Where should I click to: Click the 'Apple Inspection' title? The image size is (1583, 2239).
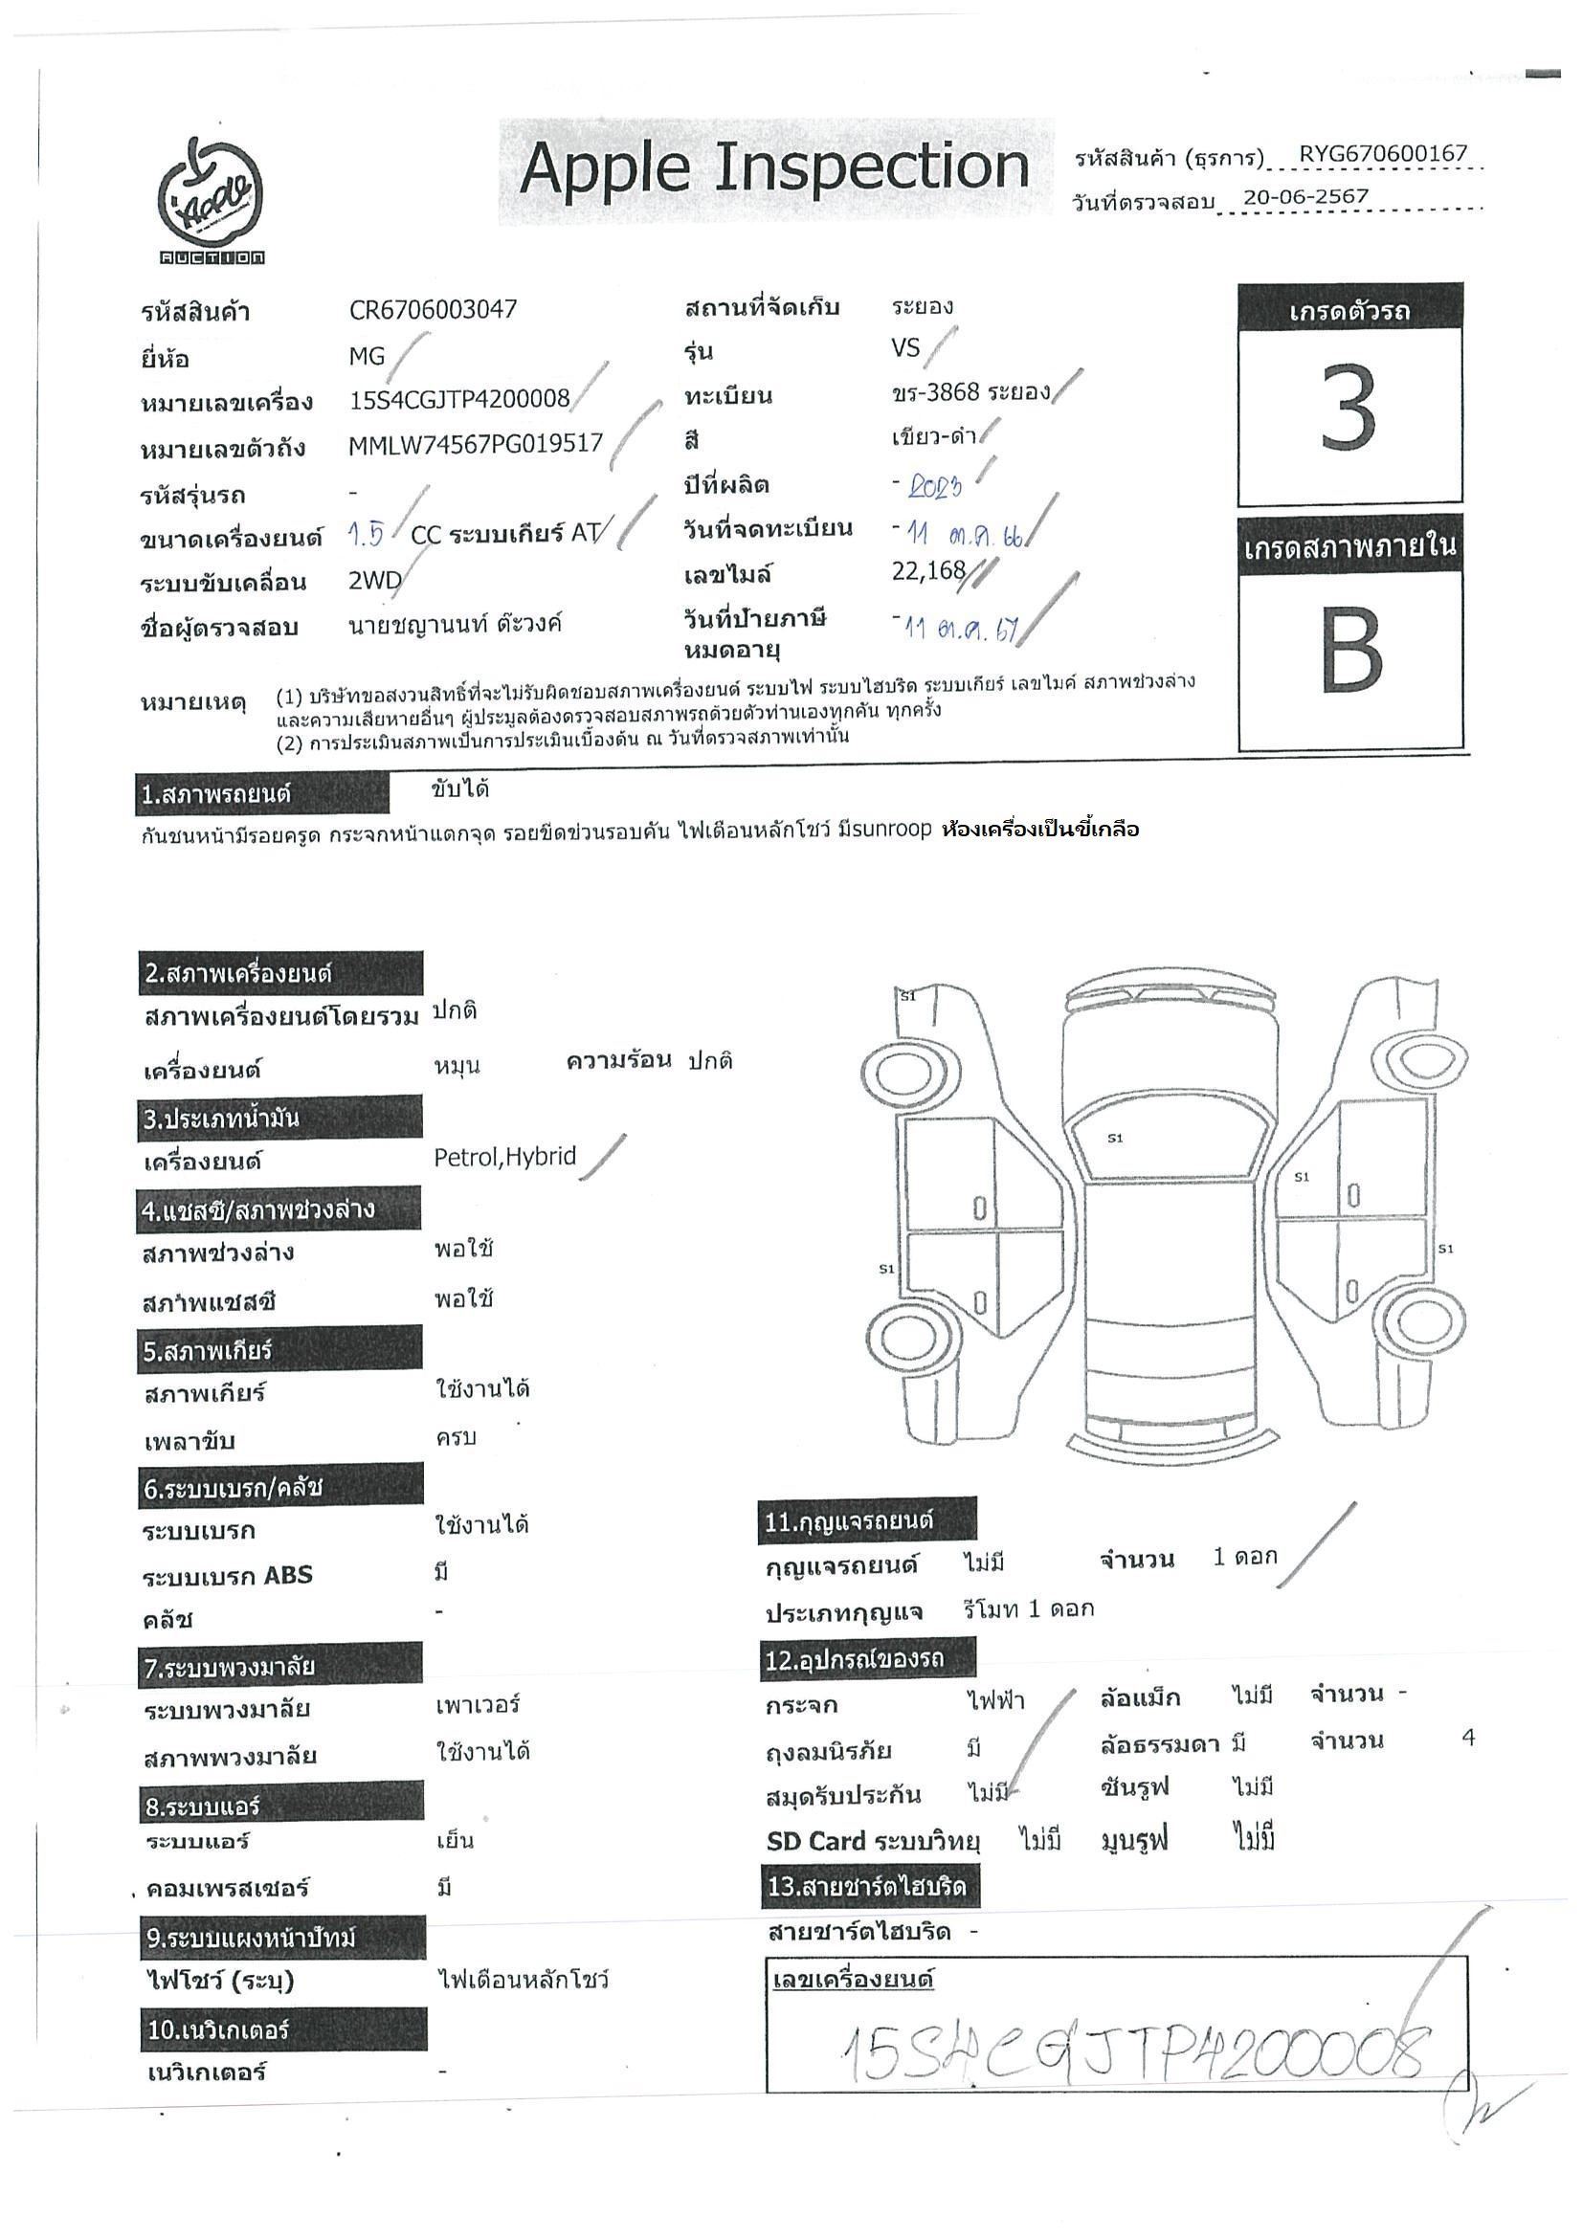774,168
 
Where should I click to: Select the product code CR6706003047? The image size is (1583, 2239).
432,310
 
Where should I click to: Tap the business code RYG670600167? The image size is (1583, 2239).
1382,154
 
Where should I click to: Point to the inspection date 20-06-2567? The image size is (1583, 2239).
1305,197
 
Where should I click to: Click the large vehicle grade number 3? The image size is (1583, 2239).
1349,410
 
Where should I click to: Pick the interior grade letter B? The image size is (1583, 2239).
1349,652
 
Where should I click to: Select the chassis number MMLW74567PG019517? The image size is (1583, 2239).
475,445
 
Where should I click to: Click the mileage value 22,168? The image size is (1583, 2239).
927,570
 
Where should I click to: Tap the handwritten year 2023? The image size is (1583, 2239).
934,487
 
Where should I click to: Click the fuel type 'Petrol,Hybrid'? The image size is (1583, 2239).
504,1157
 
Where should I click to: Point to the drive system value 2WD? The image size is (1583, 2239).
374,581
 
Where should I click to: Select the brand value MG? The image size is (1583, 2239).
367,357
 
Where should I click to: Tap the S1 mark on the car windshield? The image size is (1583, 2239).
1115,1138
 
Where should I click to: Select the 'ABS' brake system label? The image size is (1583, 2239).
288,1575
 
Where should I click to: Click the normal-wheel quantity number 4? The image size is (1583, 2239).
1468,1738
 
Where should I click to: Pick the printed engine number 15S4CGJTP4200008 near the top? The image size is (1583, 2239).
458,399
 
